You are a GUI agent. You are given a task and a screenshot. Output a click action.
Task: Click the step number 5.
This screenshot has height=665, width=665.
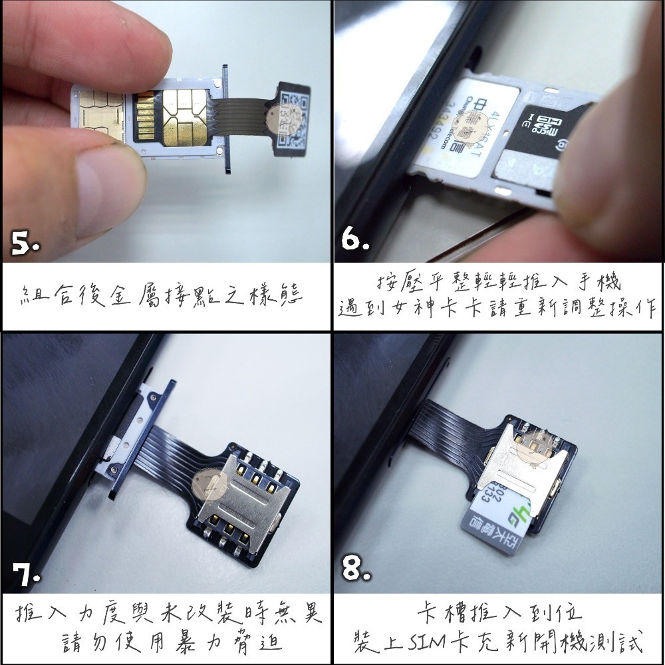coord(25,245)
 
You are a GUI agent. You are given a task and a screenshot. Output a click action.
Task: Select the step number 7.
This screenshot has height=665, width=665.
coord(26,577)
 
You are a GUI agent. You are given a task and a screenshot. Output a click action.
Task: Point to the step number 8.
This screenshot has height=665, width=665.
coord(356,569)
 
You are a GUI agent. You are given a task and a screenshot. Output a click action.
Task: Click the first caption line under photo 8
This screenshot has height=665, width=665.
coord(499,611)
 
